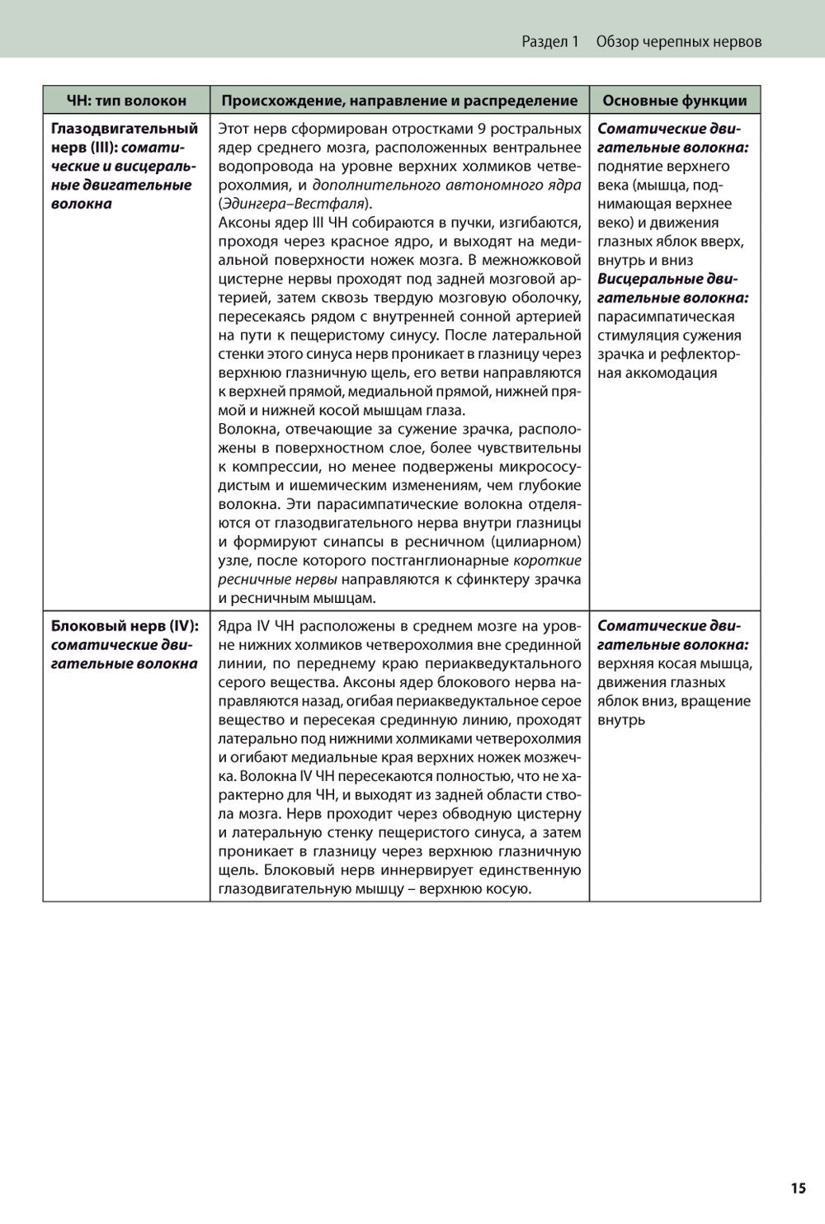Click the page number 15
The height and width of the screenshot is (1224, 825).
(797, 1188)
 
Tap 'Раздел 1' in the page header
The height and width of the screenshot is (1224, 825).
(550, 41)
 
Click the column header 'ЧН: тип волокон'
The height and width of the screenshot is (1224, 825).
(126, 101)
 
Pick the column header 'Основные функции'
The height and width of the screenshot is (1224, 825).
(674, 101)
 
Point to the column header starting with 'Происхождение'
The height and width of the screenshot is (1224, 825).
(399, 101)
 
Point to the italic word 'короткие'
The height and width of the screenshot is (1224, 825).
(547, 561)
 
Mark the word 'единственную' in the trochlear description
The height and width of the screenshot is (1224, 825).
(533, 870)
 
